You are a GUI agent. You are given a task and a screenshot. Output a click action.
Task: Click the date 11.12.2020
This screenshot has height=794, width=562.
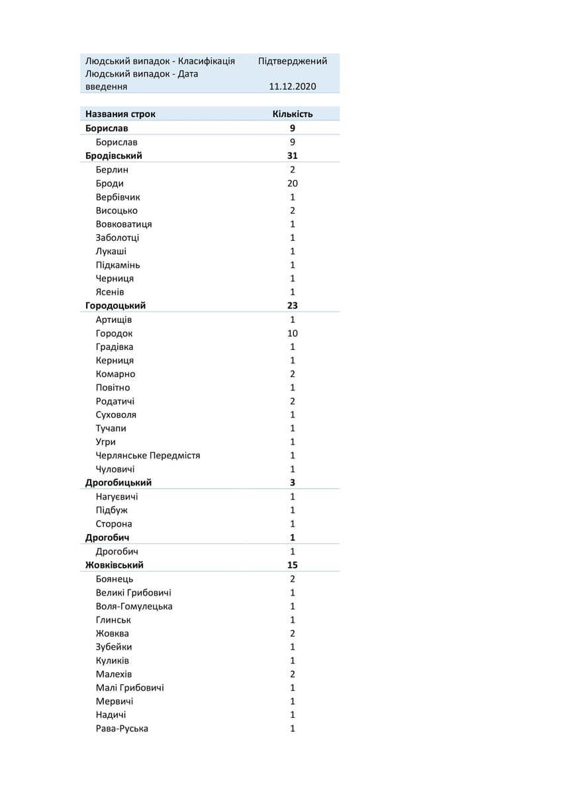click(x=293, y=87)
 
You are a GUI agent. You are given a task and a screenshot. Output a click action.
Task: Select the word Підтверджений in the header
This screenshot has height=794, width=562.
click(x=293, y=61)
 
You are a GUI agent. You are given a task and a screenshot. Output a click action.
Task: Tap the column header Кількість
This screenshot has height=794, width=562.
click(x=293, y=114)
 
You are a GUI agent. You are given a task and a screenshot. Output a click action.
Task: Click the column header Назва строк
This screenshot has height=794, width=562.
click(x=120, y=114)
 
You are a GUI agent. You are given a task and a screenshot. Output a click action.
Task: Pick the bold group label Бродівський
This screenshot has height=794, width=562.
click(x=114, y=155)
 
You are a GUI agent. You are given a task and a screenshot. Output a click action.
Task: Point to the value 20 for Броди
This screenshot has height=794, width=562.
click(x=293, y=183)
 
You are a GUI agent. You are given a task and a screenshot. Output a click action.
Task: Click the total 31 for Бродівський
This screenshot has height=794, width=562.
click(x=293, y=155)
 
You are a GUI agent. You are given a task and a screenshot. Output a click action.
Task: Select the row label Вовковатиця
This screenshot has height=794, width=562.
click(x=124, y=224)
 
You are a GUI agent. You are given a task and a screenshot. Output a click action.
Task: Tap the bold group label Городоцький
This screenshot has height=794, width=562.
click(x=116, y=306)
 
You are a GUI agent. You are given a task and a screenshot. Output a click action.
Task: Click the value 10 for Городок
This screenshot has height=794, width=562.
click(x=293, y=333)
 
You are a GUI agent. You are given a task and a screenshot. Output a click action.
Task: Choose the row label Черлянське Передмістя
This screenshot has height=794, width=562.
click(x=148, y=456)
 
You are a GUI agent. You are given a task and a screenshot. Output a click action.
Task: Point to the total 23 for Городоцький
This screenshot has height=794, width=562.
click(x=293, y=306)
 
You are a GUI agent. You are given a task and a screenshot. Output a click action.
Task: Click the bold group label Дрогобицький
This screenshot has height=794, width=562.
click(x=118, y=483)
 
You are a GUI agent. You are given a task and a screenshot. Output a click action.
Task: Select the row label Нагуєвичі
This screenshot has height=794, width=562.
click(x=117, y=497)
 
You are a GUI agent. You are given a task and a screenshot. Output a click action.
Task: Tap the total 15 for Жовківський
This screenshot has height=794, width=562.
click(x=293, y=565)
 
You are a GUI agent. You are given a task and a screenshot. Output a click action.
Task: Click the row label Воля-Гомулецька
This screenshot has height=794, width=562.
click(x=134, y=607)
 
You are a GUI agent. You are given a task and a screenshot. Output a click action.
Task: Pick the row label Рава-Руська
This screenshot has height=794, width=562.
click(x=122, y=728)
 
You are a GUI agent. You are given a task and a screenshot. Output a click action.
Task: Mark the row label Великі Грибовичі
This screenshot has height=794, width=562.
click(x=134, y=593)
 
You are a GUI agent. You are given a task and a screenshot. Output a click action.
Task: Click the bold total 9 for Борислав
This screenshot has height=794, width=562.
click(x=293, y=128)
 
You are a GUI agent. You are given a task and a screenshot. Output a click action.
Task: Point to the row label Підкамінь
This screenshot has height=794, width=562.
click(x=118, y=265)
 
